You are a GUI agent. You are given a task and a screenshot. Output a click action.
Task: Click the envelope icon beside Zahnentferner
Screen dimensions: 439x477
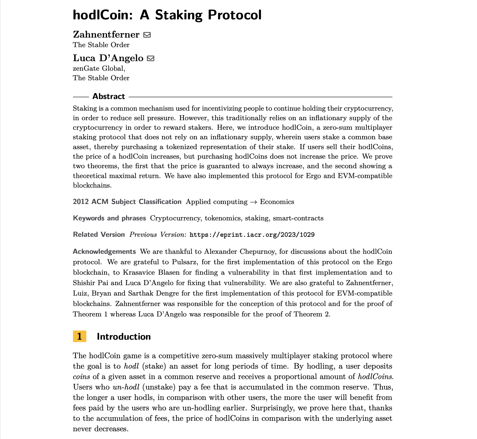(147, 35)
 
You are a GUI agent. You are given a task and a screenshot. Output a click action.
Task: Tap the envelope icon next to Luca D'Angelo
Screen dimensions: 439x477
(151, 58)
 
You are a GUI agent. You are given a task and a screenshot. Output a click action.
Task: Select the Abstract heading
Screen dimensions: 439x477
(109, 96)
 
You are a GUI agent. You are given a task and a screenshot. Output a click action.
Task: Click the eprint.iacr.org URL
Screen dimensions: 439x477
(252, 235)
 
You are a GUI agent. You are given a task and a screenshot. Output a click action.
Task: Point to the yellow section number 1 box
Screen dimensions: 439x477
(80, 336)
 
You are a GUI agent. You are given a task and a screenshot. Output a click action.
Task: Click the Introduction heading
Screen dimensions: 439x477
(124, 337)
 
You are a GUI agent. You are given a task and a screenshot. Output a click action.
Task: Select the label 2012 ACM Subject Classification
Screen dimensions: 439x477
(127, 202)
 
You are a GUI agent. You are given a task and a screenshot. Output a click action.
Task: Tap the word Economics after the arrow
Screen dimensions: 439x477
(277, 202)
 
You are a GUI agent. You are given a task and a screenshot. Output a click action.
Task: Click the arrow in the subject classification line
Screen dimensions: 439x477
(254, 202)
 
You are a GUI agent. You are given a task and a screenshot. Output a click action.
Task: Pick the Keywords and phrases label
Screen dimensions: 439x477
(109, 218)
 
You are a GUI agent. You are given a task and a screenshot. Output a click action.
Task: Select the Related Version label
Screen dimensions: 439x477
(99, 235)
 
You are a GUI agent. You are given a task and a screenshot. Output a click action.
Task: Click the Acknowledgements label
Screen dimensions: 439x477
(104, 251)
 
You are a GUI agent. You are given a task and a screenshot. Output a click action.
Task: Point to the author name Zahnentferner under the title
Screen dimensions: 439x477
(106, 35)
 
